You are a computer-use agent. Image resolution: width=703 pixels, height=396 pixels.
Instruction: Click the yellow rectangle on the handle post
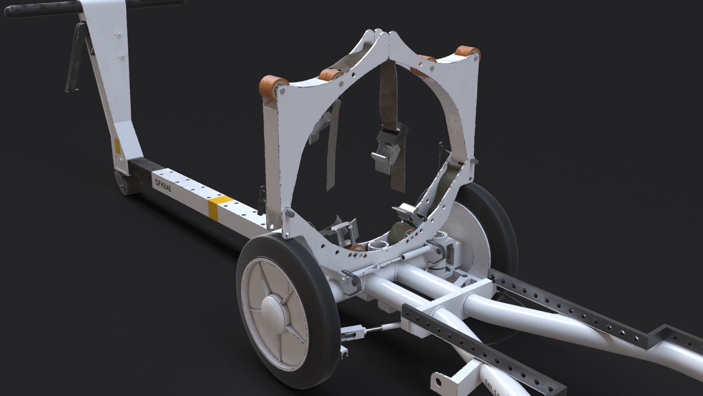pos(118,146)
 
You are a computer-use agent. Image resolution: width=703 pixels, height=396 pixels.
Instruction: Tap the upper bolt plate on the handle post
pos(118,35)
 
